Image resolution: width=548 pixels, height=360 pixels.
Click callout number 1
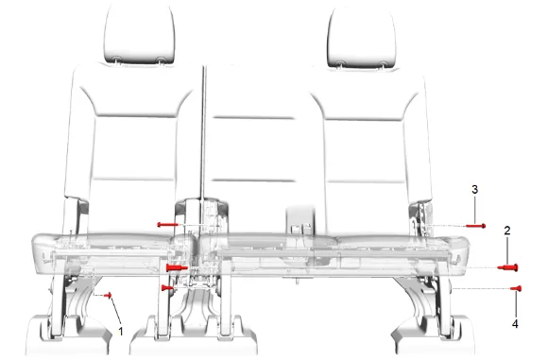point(121,331)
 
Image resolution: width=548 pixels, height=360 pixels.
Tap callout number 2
point(507,231)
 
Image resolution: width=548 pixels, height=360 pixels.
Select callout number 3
point(474,189)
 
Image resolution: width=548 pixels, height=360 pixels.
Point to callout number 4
point(515,324)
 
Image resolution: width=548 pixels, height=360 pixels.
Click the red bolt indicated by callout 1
point(108,296)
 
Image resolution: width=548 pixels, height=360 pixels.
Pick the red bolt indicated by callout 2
point(508,267)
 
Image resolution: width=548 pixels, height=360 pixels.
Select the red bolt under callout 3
point(475,226)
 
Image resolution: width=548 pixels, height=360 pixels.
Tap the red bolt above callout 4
point(516,288)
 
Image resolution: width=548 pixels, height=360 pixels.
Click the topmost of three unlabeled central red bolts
point(168,224)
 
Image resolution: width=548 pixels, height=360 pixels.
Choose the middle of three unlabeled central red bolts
point(177,268)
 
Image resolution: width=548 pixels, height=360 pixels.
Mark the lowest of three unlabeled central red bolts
point(167,288)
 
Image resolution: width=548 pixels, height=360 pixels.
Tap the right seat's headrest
point(362,36)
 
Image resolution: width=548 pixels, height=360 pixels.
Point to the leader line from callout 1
point(116,312)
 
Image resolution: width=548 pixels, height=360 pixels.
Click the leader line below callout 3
point(474,210)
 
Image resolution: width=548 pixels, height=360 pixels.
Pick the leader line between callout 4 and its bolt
point(516,305)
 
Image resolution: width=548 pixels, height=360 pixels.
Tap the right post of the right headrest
point(384,65)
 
